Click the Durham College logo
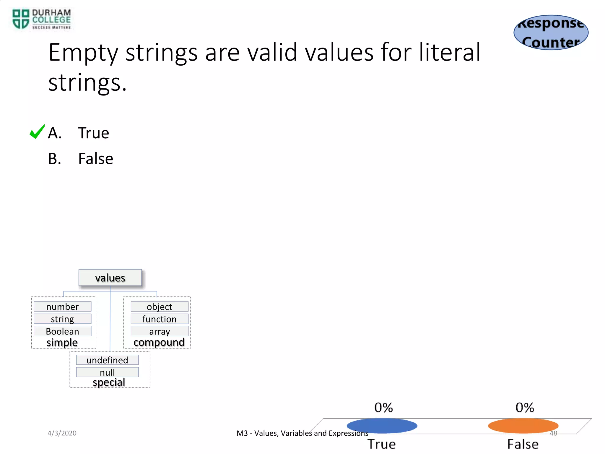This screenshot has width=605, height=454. click(x=41, y=19)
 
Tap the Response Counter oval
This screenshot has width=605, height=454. click(x=551, y=33)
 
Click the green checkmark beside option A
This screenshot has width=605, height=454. click(x=37, y=132)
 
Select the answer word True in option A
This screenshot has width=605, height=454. click(x=93, y=133)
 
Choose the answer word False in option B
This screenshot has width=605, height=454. click(x=95, y=159)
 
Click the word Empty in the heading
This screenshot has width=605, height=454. click(x=83, y=53)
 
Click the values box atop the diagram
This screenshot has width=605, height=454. click(x=110, y=278)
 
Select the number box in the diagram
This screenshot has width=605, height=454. click(x=62, y=307)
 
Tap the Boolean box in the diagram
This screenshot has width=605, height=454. click(x=62, y=331)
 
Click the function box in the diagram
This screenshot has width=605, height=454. click(x=159, y=319)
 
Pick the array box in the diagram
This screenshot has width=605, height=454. click(x=159, y=331)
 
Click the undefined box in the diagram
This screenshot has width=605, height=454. click(x=107, y=360)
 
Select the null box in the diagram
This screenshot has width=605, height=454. click(x=107, y=372)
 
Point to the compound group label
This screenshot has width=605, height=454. click(x=159, y=342)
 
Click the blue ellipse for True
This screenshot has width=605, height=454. click(x=382, y=426)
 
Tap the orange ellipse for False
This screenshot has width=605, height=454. click(x=523, y=426)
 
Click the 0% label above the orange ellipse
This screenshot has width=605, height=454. click(x=525, y=408)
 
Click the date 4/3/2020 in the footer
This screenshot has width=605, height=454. click(x=62, y=433)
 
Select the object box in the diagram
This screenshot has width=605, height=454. click(x=159, y=307)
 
